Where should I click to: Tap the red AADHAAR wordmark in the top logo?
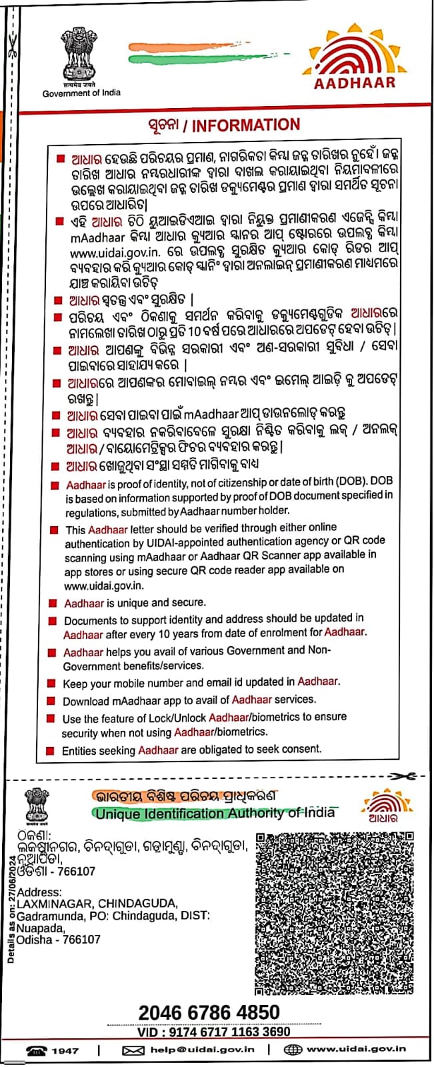click(355, 83)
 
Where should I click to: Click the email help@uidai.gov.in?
click(202, 1050)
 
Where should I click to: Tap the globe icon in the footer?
click(293, 1050)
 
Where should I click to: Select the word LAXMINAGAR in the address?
click(53, 904)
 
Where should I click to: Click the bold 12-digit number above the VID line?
click(209, 1013)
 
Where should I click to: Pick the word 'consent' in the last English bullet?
click(301, 749)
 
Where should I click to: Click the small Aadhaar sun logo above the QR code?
click(383, 802)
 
